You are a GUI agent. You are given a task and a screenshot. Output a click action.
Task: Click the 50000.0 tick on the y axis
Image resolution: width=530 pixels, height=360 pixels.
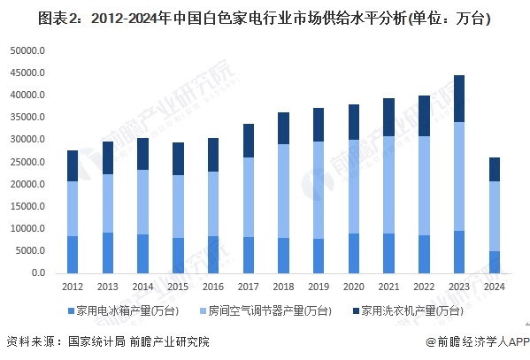click(27, 50)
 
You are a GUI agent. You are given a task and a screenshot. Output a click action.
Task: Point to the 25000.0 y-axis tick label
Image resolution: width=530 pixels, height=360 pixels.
click(27, 162)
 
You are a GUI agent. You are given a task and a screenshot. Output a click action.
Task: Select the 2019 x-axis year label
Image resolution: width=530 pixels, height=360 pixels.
click(319, 287)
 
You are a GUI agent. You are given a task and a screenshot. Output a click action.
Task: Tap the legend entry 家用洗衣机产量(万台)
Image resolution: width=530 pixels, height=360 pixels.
click(415, 310)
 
